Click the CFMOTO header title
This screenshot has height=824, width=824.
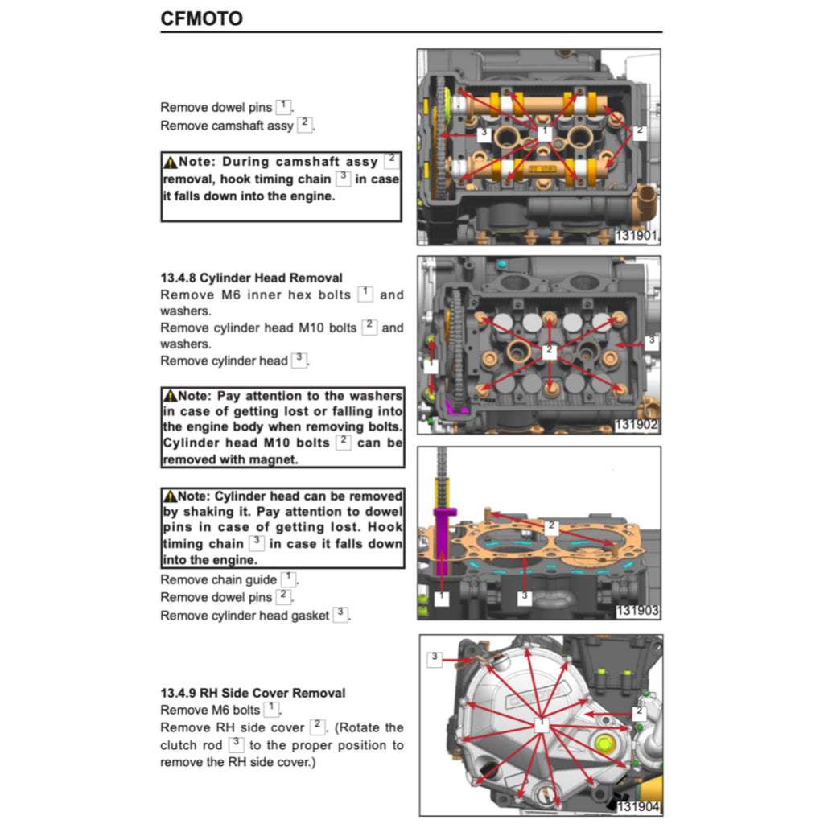[x=201, y=18]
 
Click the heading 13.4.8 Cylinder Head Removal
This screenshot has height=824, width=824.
[x=251, y=278]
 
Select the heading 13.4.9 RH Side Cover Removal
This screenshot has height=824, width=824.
[x=253, y=693]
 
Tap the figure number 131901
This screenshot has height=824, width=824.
[x=637, y=237]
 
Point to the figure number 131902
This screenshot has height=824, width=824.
[x=637, y=425]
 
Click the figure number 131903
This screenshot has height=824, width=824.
[x=637, y=611]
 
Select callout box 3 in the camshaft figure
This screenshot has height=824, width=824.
[x=484, y=133]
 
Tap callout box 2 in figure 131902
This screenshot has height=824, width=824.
[x=550, y=351]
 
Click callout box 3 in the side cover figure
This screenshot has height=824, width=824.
[x=435, y=658]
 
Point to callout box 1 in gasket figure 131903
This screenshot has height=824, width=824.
[x=442, y=597]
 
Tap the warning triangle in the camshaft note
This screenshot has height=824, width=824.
[x=169, y=163]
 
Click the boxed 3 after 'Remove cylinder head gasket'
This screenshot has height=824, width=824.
[x=340, y=614]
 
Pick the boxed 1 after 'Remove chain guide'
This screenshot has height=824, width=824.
[x=288, y=579]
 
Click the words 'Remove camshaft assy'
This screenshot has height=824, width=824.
[x=227, y=126]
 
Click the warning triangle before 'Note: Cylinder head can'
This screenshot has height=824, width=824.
[x=169, y=496]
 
